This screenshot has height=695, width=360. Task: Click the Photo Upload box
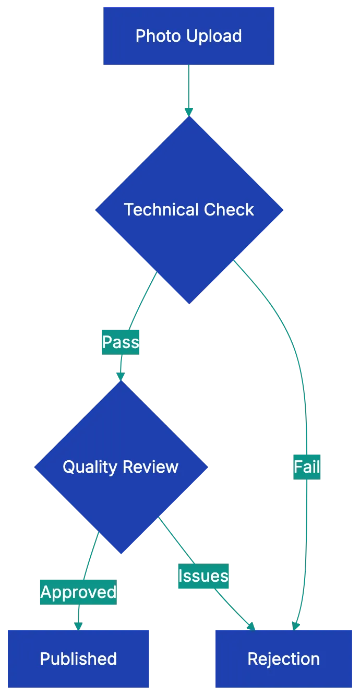pyautogui.click(x=188, y=36)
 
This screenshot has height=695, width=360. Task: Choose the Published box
pyautogui.click(x=78, y=658)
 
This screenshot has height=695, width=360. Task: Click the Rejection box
pyautogui.click(x=283, y=658)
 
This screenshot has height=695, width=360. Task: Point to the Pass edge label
pyautogui.click(x=121, y=343)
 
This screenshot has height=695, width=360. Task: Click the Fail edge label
pyautogui.click(x=306, y=467)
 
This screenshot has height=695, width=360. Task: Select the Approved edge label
pyautogui.click(x=78, y=592)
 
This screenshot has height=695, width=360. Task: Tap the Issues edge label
pyautogui.click(x=203, y=577)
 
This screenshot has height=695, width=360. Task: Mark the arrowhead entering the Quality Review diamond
pyautogui.click(x=121, y=375)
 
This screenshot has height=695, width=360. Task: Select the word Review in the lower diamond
pyautogui.click(x=155, y=466)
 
